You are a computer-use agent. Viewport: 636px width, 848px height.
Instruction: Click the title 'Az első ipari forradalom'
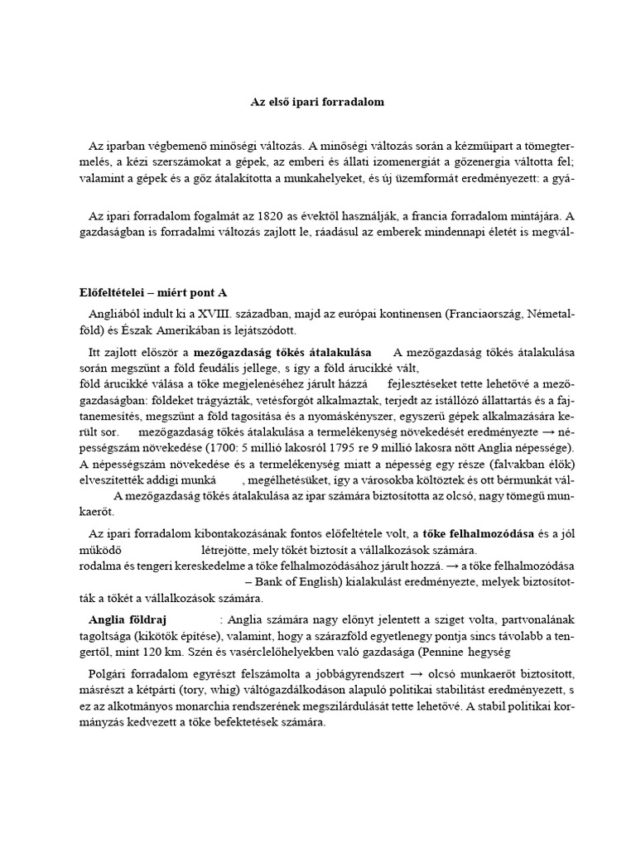click(x=317, y=103)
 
